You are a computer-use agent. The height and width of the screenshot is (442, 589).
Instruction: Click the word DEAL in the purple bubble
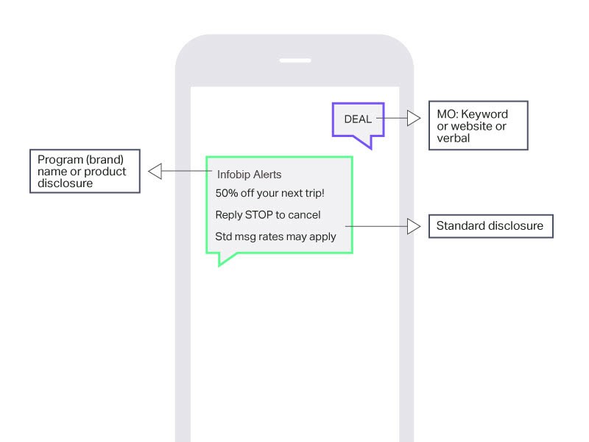358,119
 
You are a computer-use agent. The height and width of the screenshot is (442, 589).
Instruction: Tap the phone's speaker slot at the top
294,60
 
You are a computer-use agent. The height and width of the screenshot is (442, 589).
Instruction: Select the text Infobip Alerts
249,175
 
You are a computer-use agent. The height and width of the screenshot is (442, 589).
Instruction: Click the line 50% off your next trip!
269,194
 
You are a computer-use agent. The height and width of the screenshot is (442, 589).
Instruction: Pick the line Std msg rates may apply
275,236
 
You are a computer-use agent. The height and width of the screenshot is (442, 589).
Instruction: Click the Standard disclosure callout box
490,226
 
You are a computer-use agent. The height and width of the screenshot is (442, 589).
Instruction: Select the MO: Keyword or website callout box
478,126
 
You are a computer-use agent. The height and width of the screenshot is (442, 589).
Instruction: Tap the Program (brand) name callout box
85,172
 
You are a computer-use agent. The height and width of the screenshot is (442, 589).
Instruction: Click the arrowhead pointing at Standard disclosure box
414,226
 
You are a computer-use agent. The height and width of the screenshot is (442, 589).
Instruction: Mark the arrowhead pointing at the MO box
414,118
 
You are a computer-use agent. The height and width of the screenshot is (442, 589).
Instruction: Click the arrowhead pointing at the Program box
155,172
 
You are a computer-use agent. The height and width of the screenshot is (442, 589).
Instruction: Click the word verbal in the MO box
452,138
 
